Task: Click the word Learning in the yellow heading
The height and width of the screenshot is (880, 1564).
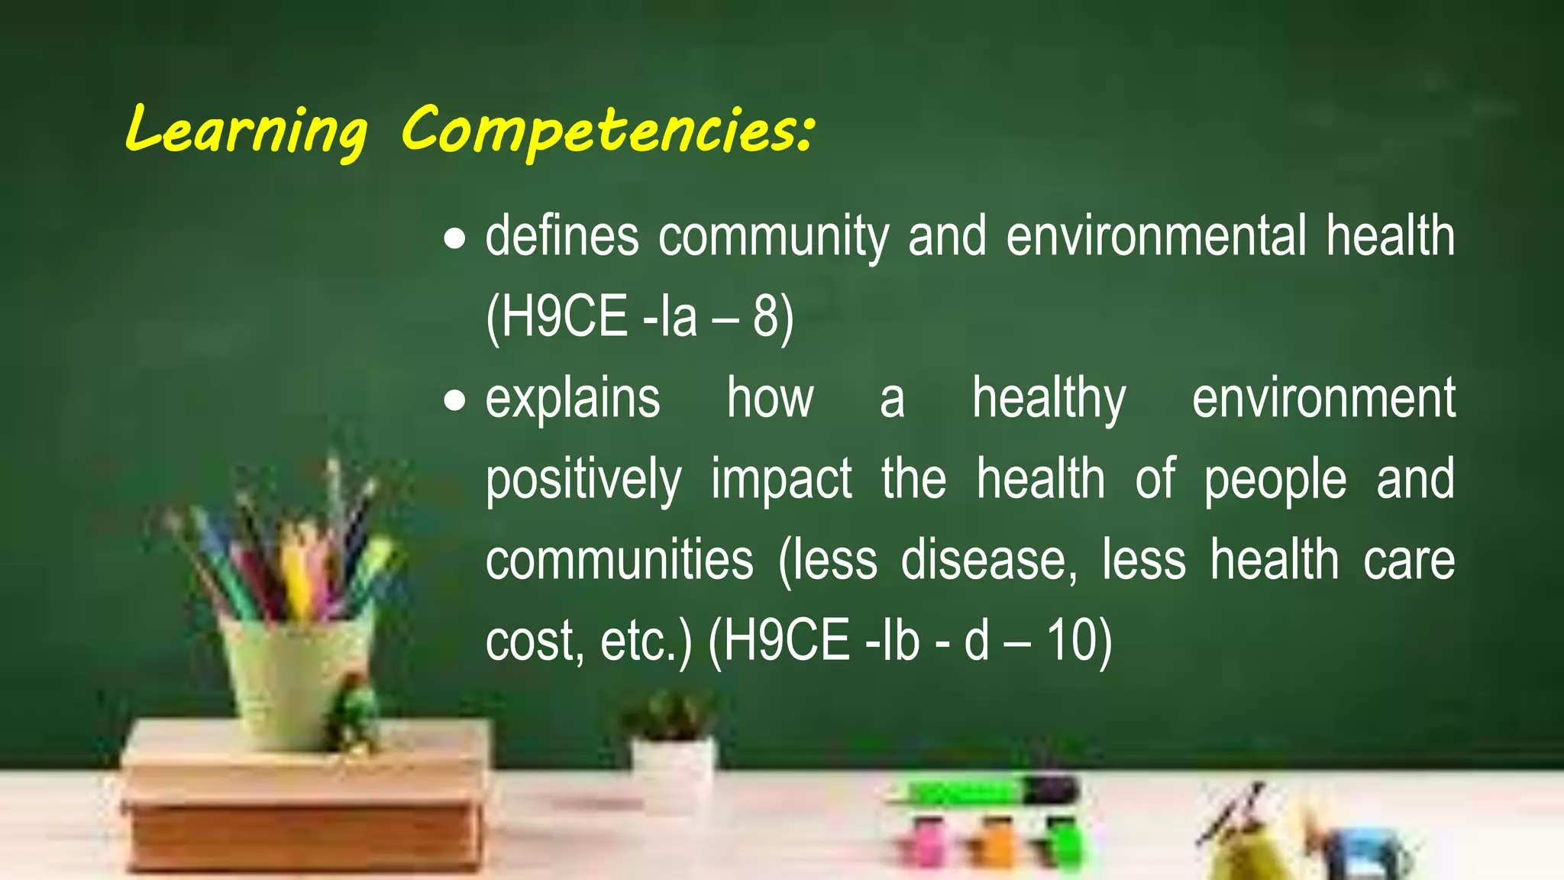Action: click(246, 130)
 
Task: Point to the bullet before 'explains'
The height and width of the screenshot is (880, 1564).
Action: click(455, 400)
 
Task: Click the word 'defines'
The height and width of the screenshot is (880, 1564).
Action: click(562, 237)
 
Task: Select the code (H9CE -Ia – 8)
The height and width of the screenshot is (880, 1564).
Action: click(640, 317)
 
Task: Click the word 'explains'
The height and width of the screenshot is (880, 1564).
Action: click(573, 399)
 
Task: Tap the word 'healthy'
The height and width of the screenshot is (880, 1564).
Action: click(1049, 399)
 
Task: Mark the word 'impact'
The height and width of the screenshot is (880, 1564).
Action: click(781, 480)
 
